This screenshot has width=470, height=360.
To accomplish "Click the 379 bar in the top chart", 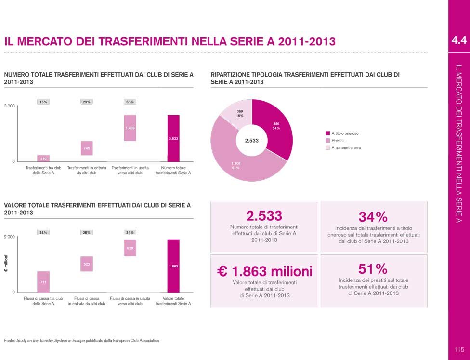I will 43,158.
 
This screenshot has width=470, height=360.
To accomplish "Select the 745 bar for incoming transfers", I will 87,148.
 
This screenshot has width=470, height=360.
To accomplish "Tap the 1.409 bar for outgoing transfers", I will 130,128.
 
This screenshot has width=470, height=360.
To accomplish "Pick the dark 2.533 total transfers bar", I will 173,138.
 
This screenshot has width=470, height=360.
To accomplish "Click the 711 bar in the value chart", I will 43,281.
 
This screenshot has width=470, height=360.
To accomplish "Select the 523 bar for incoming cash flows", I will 87,264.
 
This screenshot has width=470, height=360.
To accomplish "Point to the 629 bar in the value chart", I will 130,248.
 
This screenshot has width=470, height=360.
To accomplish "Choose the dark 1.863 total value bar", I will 173,266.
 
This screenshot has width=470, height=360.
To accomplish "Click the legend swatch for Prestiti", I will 328,141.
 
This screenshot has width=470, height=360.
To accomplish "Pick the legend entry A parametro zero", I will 346,148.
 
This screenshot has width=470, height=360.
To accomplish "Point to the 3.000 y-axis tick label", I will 10,106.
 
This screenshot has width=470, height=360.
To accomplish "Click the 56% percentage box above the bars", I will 130,102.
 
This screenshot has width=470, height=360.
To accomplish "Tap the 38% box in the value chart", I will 43,232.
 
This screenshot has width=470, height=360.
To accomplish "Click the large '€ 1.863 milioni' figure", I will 264,271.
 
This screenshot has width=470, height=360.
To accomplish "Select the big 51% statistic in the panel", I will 373,268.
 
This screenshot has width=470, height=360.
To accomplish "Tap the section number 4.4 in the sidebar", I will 458,40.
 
